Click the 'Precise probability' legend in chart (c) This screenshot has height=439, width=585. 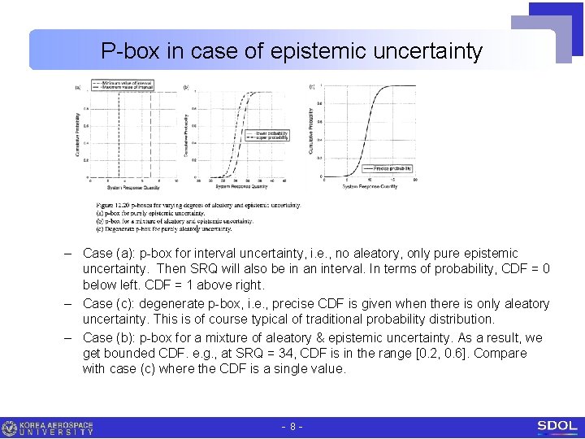[x=392, y=168]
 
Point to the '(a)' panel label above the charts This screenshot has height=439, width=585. [x=78, y=87]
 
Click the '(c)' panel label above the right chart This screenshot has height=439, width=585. [x=311, y=86]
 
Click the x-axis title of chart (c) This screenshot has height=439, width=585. [x=370, y=187]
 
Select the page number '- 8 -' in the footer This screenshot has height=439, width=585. [x=292, y=426]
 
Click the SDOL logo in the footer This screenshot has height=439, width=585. [x=557, y=426]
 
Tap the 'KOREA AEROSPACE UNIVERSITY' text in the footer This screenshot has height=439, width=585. [x=57, y=428]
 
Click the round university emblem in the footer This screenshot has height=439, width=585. [x=10, y=428]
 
